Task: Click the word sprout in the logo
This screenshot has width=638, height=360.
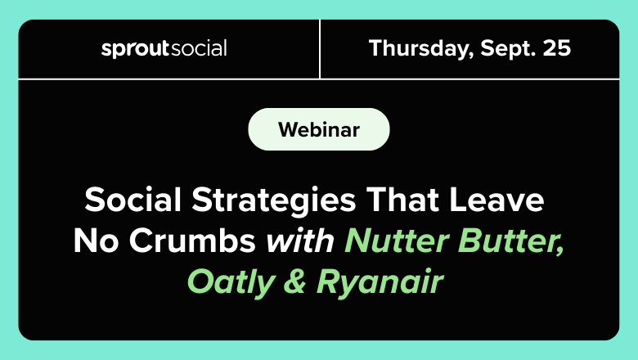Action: tap(135, 49)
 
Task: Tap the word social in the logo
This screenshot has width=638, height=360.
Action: tap(199, 48)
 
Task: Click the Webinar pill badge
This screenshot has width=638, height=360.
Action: tap(319, 129)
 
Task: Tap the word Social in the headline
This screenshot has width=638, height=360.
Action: tap(133, 200)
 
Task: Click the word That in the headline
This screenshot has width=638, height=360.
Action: tap(402, 200)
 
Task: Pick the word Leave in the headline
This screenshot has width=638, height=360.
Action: tap(496, 200)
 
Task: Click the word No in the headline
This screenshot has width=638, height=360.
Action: tap(96, 241)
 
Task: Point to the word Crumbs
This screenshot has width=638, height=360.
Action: tap(192, 241)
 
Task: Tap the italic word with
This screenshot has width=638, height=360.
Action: tap(300, 241)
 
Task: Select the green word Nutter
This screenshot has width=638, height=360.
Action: tap(398, 241)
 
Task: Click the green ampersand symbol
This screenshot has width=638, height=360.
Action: tap(294, 281)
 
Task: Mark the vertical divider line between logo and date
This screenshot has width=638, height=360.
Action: tap(320, 49)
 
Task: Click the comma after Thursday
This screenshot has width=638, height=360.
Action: tap(471, 55)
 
